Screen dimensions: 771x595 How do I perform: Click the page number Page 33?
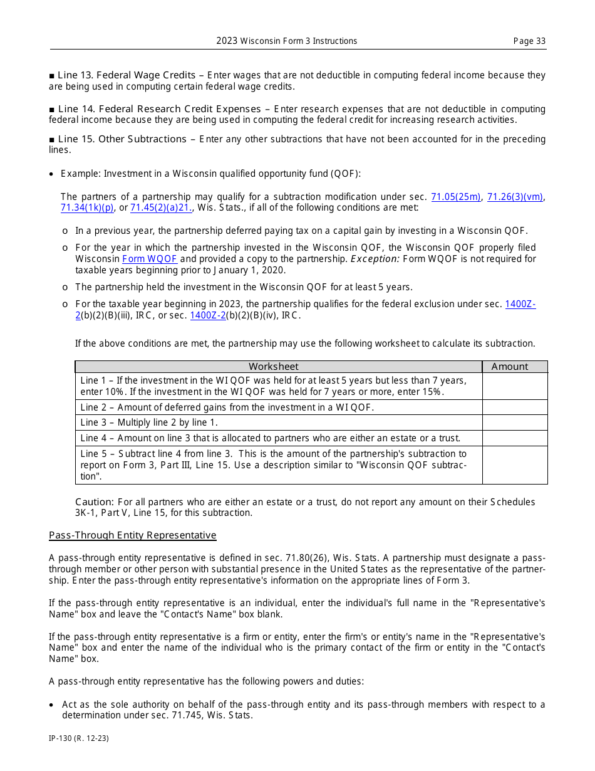(x=529, y=41)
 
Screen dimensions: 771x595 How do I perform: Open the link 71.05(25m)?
(x=456, y=197)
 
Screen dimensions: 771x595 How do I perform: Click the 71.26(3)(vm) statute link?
(x=515, y=197)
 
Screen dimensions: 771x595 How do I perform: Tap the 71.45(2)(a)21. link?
(x=161, y=207)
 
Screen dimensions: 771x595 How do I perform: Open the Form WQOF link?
(x=150, y=259)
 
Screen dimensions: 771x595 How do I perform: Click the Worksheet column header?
(x=274, y=367)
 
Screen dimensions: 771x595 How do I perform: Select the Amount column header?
(x=510, y=367)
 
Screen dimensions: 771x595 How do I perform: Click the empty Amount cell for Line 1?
(x=515, y=386)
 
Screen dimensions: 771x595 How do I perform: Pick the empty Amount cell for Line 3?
(x=515, y=422)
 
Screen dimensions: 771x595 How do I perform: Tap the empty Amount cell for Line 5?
(x=515, y=464)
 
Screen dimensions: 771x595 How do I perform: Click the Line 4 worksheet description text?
(x=270, y=438)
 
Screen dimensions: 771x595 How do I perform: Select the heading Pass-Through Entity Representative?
(x=133, y=535)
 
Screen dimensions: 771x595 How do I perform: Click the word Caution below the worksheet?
(x=94, y=502)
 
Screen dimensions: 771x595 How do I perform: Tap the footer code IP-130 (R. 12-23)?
(x=79, y=738)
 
